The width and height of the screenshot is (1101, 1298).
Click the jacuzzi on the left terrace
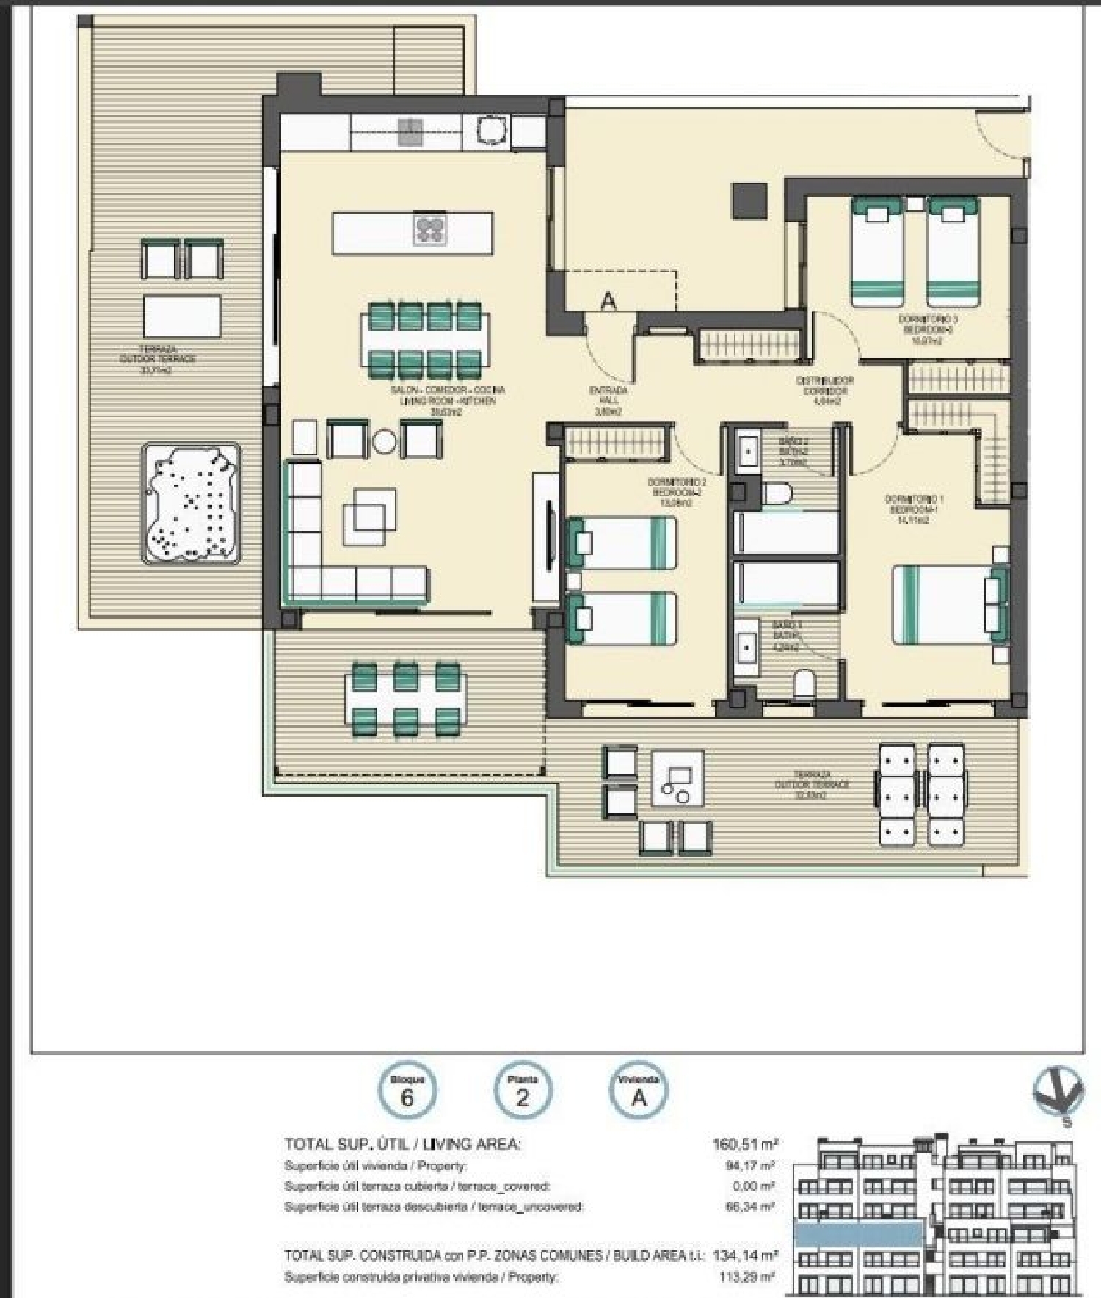coord(192,503)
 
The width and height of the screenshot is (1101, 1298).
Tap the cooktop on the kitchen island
coord(430,229)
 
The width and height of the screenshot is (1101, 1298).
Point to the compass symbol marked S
coord(1058,1093)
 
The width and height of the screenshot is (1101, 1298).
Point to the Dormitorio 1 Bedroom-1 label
coord(914,510)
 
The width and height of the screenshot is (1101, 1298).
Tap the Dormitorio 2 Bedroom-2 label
coord(677,493)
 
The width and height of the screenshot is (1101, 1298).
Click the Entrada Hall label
coord(608,401)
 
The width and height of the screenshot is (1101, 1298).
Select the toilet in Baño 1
coord(805,684)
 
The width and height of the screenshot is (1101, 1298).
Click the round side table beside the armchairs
coord(384,440)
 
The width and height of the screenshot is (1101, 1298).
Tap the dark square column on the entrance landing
coord(749,200)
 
